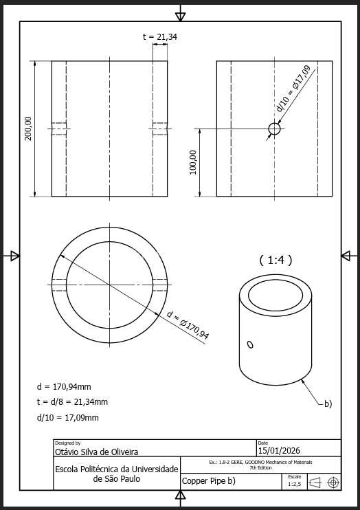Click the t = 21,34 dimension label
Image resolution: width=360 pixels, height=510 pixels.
coord(159,37)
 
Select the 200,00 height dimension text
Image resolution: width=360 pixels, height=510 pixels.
coord(29,129)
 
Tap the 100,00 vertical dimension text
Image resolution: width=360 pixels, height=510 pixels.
coord(193,163)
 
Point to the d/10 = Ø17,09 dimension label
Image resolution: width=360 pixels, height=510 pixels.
coord(293,89)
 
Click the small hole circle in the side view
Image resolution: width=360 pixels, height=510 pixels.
coord(275,129)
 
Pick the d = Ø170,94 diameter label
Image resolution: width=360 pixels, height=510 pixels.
coord(188,325)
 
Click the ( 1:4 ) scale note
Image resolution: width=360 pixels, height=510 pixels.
coord(275,260)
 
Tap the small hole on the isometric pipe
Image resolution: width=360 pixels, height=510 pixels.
coord(250,344)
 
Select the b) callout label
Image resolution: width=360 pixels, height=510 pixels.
coord(328,404)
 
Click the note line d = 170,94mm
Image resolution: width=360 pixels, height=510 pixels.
coord(64,387)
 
